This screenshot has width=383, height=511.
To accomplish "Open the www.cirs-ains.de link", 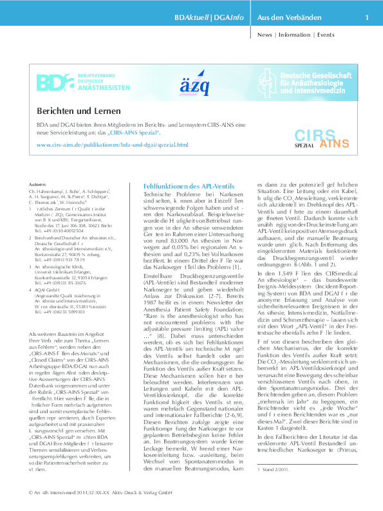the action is coord(112,145).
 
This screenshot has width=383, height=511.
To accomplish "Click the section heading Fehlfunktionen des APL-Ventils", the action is coord(185,185).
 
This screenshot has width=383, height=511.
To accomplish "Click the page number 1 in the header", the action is coord(366,17).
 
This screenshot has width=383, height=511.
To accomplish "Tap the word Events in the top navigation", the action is coord(330,35).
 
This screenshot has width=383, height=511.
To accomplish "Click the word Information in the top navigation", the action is coord(294,35).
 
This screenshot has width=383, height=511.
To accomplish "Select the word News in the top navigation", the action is coord(265,35).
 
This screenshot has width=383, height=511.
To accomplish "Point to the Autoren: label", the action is coord(38,184).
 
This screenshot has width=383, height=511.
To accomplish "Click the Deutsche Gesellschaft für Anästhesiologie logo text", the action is coord(317,83).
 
